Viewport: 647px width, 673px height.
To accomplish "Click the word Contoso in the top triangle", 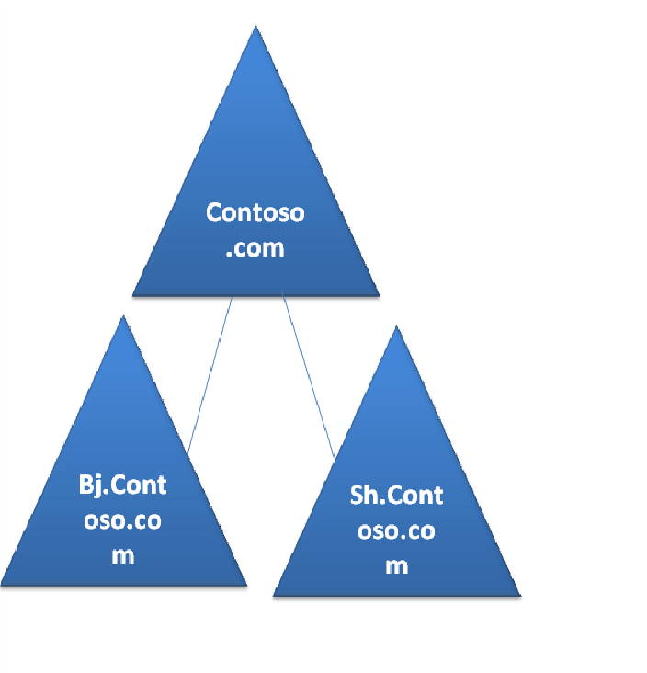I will [255, 212].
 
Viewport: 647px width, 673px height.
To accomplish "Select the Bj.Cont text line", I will [123, 485].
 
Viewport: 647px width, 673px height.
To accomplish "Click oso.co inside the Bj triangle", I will [123, 520].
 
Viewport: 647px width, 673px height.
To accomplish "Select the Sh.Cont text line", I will [396, 496].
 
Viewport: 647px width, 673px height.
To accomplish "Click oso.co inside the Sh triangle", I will [396, 530].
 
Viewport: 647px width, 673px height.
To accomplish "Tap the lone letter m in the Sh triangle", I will [396, 565].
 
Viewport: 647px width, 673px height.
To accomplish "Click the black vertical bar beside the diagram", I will [612, 336].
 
